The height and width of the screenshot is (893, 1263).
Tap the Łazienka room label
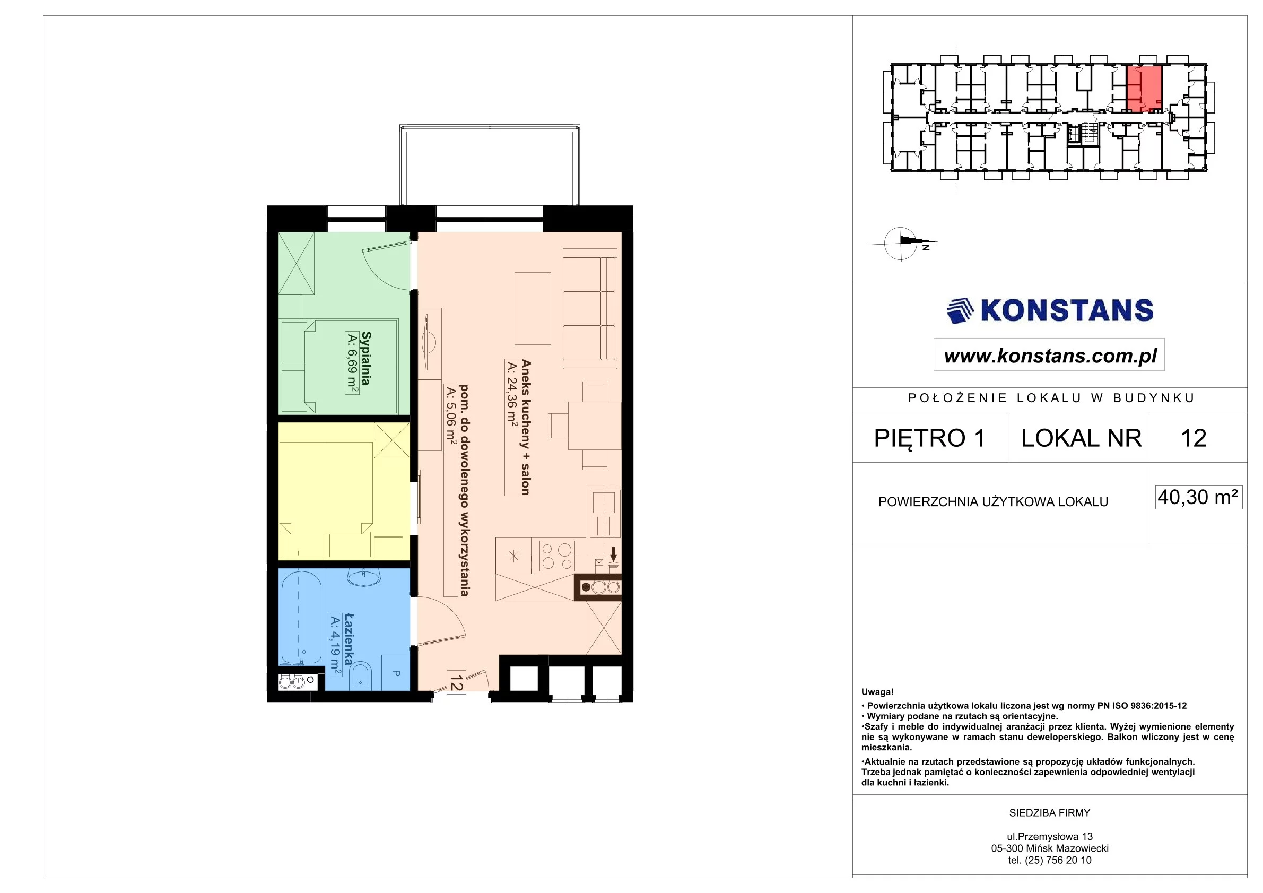coord(349,639)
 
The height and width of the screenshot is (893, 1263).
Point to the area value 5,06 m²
coord(451,415)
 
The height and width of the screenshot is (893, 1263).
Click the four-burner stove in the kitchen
coord(556,556)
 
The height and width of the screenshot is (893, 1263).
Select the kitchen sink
coord(604,511)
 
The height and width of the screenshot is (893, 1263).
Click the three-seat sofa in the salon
coord(590,309)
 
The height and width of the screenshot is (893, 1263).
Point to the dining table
coord(594,426)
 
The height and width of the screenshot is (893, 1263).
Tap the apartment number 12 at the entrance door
coord(456,682)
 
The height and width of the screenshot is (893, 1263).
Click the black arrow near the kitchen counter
coord(614,554)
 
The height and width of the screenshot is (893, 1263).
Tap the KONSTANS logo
coord(1050,310)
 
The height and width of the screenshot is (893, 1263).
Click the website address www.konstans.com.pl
coord(1050,356)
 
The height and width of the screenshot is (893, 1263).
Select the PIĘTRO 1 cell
coord(930,438)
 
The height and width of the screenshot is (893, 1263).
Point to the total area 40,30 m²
coord(1198,497)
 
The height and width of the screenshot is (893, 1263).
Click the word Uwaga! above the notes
coord(877,692)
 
